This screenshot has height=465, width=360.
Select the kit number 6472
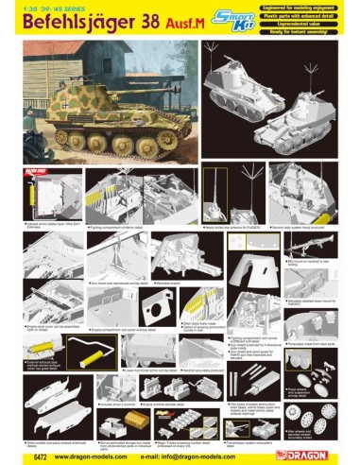pos(28,453)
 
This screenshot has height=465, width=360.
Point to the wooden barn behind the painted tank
pos(71,66)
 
